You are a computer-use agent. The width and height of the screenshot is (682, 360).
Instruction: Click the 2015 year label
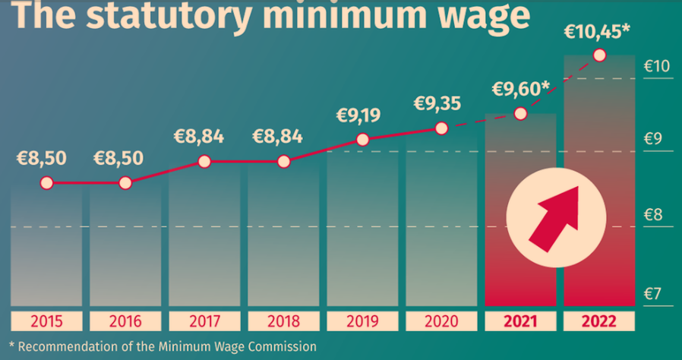tap(46, 321)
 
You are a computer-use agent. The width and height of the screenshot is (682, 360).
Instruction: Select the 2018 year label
tap(283, 321)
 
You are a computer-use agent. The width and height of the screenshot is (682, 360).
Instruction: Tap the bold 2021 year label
tap(520, 321)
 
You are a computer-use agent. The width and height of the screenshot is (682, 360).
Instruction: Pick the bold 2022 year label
tap(599, 321)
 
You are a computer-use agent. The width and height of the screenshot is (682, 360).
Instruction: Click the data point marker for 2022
tap(599, 55)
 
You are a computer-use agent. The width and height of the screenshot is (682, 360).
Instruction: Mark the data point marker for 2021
tap(520, 113)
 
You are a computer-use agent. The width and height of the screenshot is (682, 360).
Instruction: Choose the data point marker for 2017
tap(204, 161)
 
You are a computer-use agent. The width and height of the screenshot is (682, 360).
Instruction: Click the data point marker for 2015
tap(46, 183)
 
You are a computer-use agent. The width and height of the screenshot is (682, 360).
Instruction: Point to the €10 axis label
tap(657, 66)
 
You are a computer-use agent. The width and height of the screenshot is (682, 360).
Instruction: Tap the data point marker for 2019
tap(362, 140)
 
